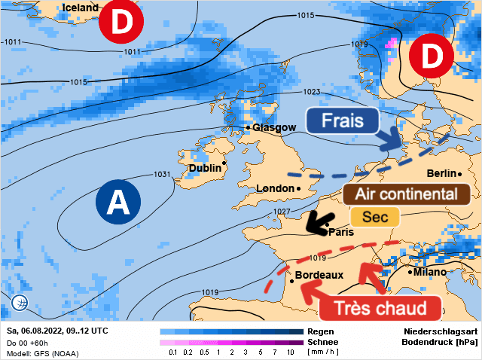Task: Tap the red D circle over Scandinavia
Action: [x=432, y=56]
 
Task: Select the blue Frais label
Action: [x=343, y=121]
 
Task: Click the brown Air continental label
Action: [x=407, y=194]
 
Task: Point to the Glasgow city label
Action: [x=274, y=127]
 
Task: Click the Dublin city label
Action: [x=205, y=168]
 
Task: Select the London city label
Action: [x=276, y=188]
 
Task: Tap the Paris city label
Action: [x=340, y=233]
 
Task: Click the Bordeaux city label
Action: [x=319, y=276]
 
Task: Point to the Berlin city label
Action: [x=442, y=174]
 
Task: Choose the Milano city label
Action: [x=429, y=272]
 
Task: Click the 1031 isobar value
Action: [x=163, y=174]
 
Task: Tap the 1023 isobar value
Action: [x=312, y=92]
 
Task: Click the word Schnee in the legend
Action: [x=324, y=341]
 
